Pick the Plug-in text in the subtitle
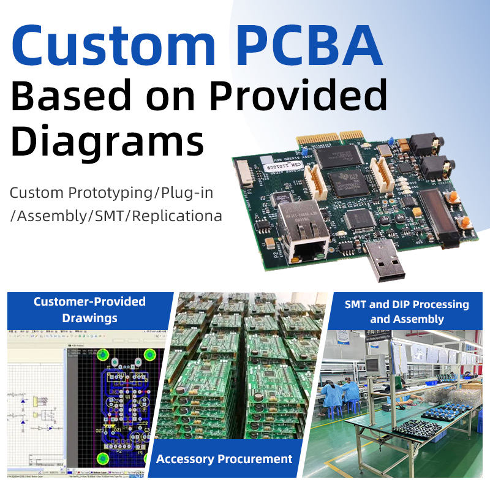coord(187,193)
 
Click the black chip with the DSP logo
coord(347,183)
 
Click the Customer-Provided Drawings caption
coord(89,309)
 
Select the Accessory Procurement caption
coord(224,459)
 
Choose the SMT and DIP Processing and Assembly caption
coord(407,311)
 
